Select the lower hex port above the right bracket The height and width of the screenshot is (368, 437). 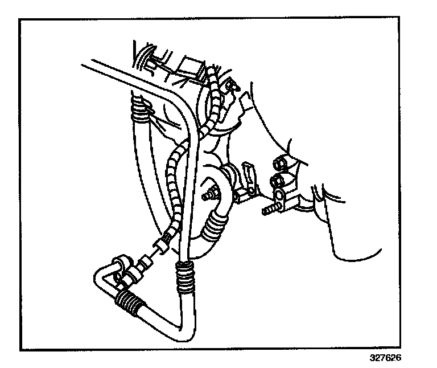coord(278,181)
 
